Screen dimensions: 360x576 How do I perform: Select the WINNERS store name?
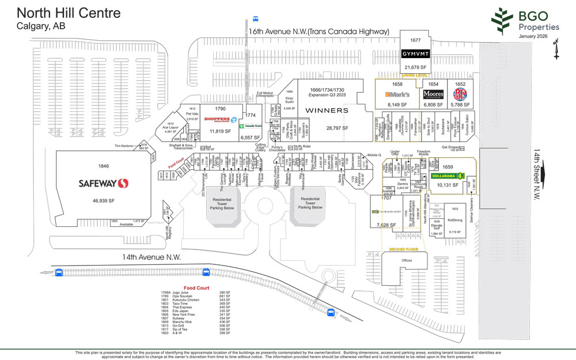pos(327,109)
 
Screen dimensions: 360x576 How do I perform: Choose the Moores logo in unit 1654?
pos(433,94)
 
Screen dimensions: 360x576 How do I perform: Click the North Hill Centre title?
pos(69,13)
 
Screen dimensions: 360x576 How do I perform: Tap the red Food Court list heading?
pos(198,288)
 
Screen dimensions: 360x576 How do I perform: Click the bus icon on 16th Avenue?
pos(256,18)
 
